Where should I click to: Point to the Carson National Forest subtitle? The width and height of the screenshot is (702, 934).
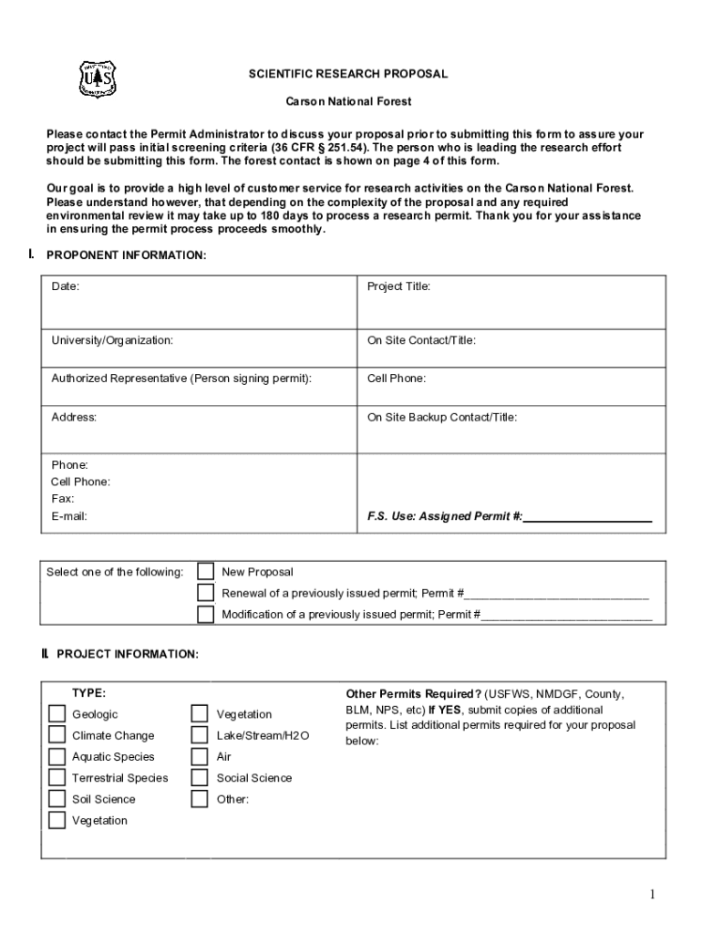point(349,102)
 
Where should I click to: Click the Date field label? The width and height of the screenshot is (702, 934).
point(65,286)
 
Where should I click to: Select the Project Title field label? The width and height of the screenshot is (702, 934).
point(398,286)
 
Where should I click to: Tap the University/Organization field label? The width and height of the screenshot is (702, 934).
point(112,340)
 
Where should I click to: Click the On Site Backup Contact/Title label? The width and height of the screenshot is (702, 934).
point(442,417)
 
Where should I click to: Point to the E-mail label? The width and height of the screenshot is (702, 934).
point(69,516)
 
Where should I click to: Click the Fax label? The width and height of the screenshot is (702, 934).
point(63,499)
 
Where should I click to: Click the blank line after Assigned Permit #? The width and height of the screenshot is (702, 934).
point(588,517)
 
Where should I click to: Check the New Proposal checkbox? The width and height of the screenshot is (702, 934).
point(206,572)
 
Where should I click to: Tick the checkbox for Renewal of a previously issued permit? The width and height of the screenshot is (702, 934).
point(206,593)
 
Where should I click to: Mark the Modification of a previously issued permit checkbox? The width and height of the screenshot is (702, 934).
point(206,614)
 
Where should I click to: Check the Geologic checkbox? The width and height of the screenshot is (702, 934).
point(57,714)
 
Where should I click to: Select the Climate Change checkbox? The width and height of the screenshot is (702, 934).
point(57,735)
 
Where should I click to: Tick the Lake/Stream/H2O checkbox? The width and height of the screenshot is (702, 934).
point(200,735)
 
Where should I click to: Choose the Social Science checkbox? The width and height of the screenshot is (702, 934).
point(200,778)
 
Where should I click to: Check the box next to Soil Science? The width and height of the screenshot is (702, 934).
point(57,799)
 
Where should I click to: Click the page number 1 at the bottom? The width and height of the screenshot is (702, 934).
point(653,895)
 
